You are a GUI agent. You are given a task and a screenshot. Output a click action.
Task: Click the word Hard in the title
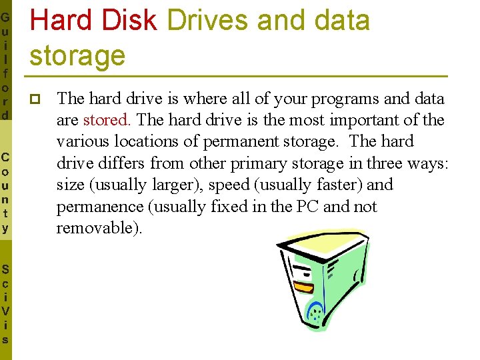61,21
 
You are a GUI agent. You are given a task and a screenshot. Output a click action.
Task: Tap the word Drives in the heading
207,21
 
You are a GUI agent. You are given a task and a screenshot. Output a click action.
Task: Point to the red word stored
107,120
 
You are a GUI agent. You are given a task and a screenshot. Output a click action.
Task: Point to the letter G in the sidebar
5,17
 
